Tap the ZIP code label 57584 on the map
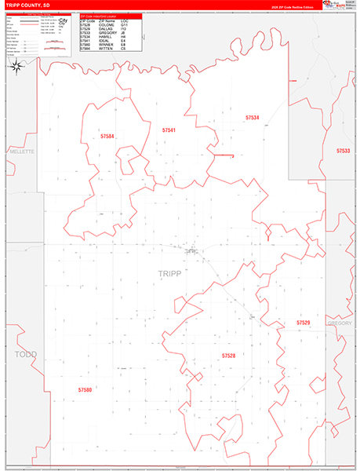coord(107,137)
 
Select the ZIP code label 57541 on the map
coord(169,130)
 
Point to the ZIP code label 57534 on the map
coord(252,117)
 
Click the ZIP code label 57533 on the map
coord(343,150)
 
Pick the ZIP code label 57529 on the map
coord(304,323)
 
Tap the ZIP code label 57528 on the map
coord(228,356)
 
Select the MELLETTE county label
coord(23,151)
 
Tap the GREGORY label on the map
coord(340,323)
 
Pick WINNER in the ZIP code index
coord(106,43)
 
